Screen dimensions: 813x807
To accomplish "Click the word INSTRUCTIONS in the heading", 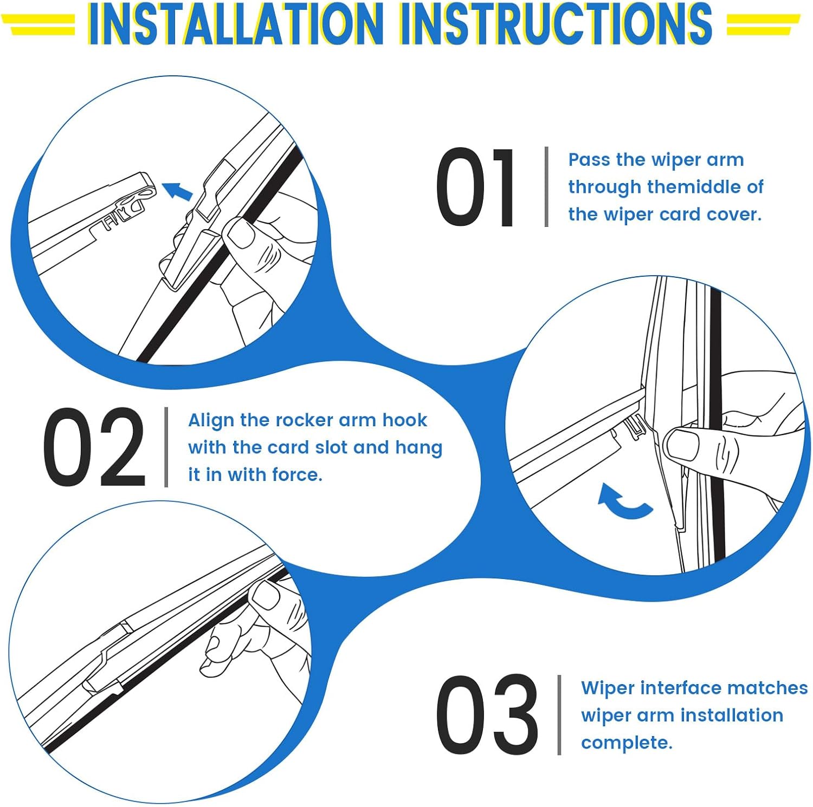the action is point(556,24).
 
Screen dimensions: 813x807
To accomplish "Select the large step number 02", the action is point(95,447).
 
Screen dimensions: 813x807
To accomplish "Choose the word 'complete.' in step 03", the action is point(627,743).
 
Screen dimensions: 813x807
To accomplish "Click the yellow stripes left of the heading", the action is point(38,24).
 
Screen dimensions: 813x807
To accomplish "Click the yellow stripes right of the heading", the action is point(763,24).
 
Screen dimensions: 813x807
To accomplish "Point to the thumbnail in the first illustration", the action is point(240,233).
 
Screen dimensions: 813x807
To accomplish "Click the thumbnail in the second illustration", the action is point(683,446).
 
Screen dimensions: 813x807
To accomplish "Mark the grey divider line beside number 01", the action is point(546,187).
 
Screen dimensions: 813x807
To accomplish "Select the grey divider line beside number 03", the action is point(559,714).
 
